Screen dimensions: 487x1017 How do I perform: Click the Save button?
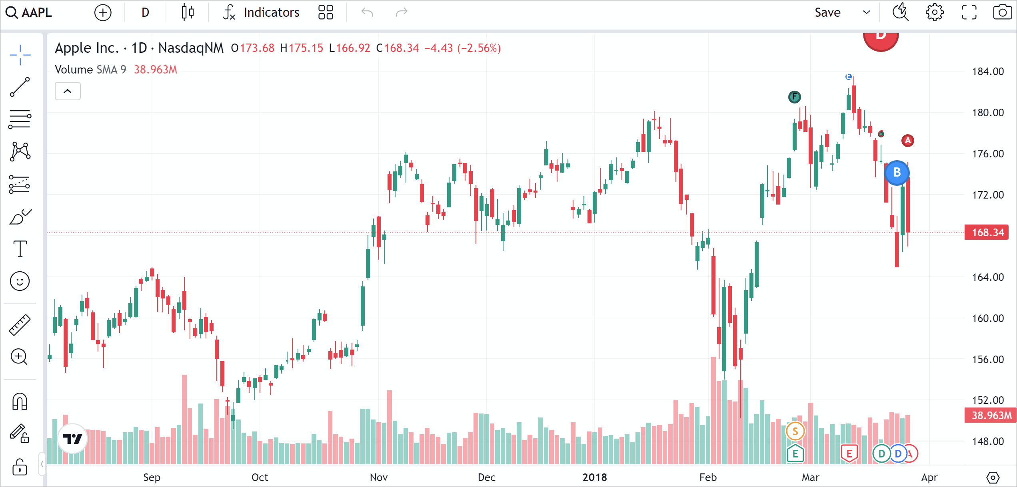click(827, 13)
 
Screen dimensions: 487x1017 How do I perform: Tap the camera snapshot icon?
click(1002, 13)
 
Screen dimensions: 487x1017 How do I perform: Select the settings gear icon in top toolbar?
click(934, 13)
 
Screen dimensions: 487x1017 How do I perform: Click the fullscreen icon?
click(969, 13)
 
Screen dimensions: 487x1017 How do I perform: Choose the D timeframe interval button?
click(145, 13)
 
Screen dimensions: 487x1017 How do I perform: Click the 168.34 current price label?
click(987, 233)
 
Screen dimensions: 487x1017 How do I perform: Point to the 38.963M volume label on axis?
click(991, 415)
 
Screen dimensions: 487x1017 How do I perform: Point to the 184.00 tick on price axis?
click(987, 72)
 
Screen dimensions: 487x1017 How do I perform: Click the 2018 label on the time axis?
click(594, 477)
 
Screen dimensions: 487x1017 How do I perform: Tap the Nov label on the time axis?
click(378, 477)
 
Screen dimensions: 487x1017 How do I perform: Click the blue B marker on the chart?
click(897, 173)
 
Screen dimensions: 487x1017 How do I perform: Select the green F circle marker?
click(794, 97)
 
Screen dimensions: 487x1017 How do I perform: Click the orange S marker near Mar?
click(795, 431)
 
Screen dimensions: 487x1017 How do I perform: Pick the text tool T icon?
click(20, 248)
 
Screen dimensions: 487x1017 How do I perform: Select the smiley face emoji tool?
click(20, 281)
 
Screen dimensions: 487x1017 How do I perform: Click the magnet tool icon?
click(20, 401)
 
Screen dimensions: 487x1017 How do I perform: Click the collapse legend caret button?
click(68, 91)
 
